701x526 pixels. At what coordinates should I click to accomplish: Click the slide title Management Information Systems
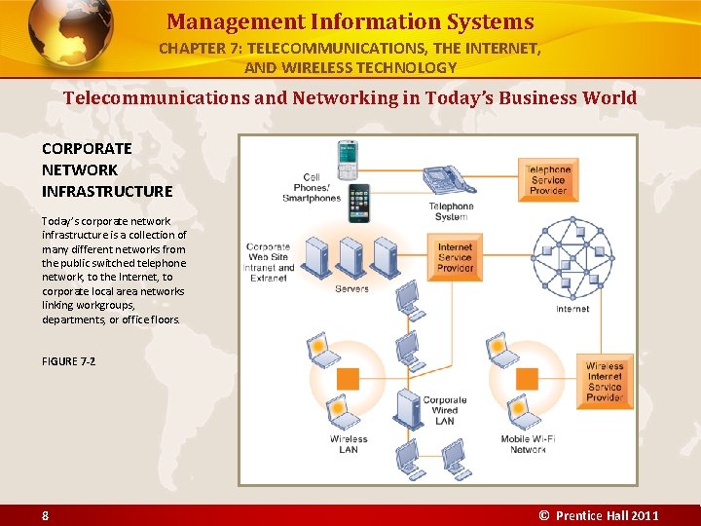click(350, 21)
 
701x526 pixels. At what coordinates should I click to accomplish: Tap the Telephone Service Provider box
click(548, 179)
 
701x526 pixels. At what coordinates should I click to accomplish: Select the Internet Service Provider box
click(455, 258)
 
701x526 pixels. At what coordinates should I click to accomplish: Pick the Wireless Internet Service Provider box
click(604, 382)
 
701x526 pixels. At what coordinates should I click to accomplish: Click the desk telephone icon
click(446, 180)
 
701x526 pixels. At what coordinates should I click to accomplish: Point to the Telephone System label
click(451, 211)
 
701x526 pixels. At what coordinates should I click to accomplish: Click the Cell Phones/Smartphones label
click(312, 188)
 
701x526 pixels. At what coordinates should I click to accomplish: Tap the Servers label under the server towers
click(351, 288)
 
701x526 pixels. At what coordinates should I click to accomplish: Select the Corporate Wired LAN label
click(445, 410)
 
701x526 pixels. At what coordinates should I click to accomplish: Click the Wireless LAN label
click(349, 444)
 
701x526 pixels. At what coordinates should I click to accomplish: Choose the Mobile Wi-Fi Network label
click(528, 444)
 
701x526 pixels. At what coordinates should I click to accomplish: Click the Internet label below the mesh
click(572, 309)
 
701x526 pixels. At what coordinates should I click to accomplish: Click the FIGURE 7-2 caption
click(68, 361)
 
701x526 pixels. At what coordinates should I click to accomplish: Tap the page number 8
click(45, 515)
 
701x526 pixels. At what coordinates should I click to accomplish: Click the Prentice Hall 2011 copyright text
click(599, 515)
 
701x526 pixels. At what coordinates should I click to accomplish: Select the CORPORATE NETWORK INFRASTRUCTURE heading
click(107, 169)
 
